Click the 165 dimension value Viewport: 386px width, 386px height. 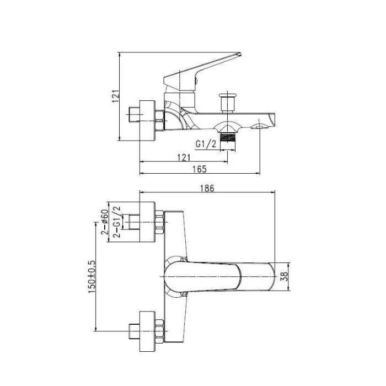click(200, 169)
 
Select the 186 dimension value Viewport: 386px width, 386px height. click(207, 188)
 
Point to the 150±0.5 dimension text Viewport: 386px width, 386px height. click(92, 277)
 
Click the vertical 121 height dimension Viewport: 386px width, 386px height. click(116, 96)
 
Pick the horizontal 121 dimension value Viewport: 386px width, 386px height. click(184, 157)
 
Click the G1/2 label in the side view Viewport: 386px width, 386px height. click(206, 144)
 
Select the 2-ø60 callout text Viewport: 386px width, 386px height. click(105, 222)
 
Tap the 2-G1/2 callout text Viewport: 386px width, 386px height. click(117, 221)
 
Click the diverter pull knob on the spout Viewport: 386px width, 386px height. click(227, 103)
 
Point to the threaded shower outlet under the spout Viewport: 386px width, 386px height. click(228, 137)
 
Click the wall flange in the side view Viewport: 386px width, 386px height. click(147, 121)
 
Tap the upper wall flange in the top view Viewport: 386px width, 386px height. click(147, 222)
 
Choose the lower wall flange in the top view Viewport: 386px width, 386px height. click(147, 331)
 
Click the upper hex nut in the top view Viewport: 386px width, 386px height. click(160, 222)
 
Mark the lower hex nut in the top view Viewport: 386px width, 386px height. click(160, 331)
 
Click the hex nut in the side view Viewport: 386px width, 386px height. click(160, 121)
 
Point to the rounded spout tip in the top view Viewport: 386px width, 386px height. click(271, 276)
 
